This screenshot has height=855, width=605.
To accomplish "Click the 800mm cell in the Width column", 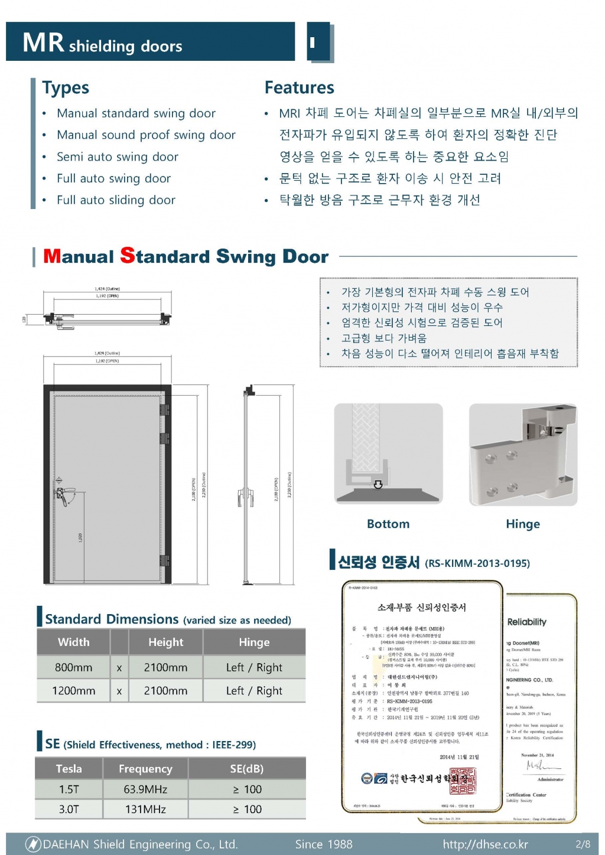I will tap(73, 667).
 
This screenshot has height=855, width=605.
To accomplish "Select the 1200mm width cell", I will tap(73, 690).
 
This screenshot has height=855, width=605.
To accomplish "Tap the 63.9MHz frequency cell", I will tap(145, 789).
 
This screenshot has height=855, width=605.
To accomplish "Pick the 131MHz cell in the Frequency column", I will tap(145, 809).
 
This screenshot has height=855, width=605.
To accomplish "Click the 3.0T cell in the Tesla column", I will tap(69, 809).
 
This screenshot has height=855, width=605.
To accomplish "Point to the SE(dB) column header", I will tap(246, 769).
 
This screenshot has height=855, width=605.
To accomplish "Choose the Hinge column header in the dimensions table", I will tap(254, 642).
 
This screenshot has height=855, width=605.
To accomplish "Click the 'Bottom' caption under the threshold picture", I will tap(388, 524).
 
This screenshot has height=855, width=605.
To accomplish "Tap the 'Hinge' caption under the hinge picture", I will tap(523, 524).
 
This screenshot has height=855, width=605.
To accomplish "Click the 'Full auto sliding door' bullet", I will tap(116, 200).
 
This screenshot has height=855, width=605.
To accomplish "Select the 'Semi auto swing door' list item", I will tap(117, 156).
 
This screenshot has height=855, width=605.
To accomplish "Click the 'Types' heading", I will tap(66, 88).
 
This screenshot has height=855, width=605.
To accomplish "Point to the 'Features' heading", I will tap(299, 88).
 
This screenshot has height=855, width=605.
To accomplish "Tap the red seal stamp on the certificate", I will tap(463, 781).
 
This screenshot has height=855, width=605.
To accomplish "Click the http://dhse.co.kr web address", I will tap(485, 844).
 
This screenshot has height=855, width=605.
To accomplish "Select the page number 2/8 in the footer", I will tap(583, 844).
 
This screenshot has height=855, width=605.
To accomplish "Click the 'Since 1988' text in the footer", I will tap(324, 844).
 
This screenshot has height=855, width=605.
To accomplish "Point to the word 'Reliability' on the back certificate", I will tap(526, 622).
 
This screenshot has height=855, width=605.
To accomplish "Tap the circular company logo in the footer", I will tap(33, 844).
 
